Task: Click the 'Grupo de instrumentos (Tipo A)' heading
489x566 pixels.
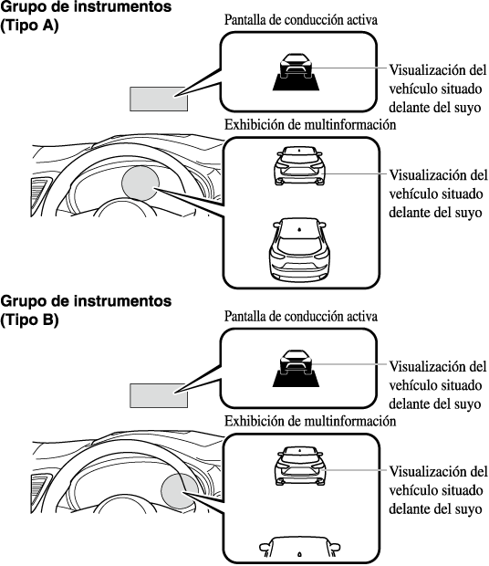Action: click(86, 16)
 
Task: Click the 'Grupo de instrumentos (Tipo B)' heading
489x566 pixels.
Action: click(86, 310)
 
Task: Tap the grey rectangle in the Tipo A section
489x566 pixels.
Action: click(159, 99)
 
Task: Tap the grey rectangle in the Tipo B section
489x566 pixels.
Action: click(159, 395)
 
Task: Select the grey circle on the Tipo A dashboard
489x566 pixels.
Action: click(140, 183)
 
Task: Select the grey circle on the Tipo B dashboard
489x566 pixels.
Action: click(180, 490)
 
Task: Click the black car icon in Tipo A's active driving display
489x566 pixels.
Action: click(296, 71)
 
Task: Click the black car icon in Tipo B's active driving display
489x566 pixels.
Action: click(296, 368)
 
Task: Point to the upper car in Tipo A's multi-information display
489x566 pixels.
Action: click(299, 165)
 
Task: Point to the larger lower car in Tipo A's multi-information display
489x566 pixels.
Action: click(299, 249)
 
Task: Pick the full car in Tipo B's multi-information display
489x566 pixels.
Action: click(300, 466)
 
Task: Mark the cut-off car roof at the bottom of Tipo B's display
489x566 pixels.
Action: click(299, 547)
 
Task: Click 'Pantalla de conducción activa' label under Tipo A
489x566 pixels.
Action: click(301, 20)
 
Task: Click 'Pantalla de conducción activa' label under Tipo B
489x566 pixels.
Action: click(301, 317)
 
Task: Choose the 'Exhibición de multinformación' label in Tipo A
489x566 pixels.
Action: click(310, 124)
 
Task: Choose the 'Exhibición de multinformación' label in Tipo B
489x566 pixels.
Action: click(310, 421)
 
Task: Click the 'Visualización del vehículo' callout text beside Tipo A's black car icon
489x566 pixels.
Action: click(437, 89)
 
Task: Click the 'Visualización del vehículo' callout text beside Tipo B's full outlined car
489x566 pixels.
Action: click(438, 490)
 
